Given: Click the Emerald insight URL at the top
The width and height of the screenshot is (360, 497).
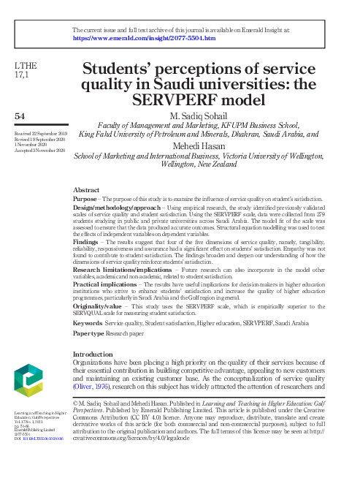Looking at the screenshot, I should click(144, 37).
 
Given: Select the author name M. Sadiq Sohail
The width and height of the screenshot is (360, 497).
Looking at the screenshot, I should click(199, 116).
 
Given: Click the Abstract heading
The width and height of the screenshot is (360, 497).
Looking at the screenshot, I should click(87, 189).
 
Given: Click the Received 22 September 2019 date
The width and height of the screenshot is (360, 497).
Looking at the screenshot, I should click(40, 134).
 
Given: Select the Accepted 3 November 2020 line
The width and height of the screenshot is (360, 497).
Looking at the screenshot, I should click(41, 150).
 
